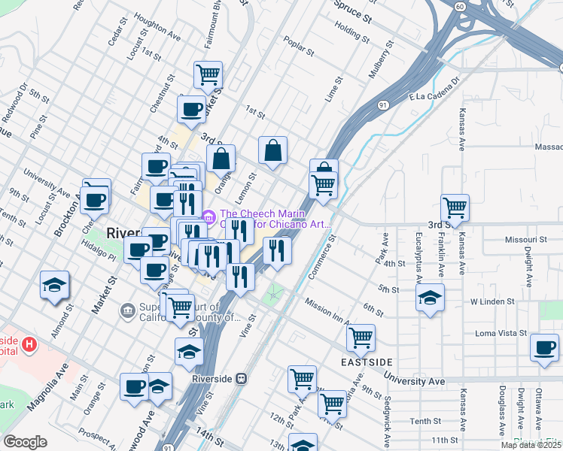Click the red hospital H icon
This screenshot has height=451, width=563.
click(x=29, y=345)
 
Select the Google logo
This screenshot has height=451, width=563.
click(x=25, y=442)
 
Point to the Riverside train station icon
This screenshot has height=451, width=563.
click(x=242, y=379)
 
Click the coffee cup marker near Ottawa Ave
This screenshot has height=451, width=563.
click(x=544, y=347)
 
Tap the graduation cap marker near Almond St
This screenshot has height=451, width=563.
click(x=56, y=285)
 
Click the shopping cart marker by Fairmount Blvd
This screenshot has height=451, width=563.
click(x=208, y=74)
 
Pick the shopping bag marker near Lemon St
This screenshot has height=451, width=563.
click(x=272, y=150)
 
